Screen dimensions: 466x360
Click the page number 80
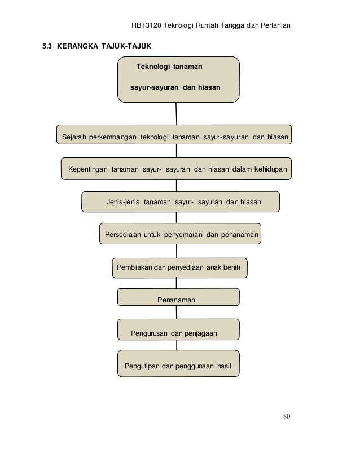[287, 417]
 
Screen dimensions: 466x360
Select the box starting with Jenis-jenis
[180, 201]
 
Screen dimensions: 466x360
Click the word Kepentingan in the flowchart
[87, 169]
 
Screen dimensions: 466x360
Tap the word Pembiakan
[134, 267]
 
